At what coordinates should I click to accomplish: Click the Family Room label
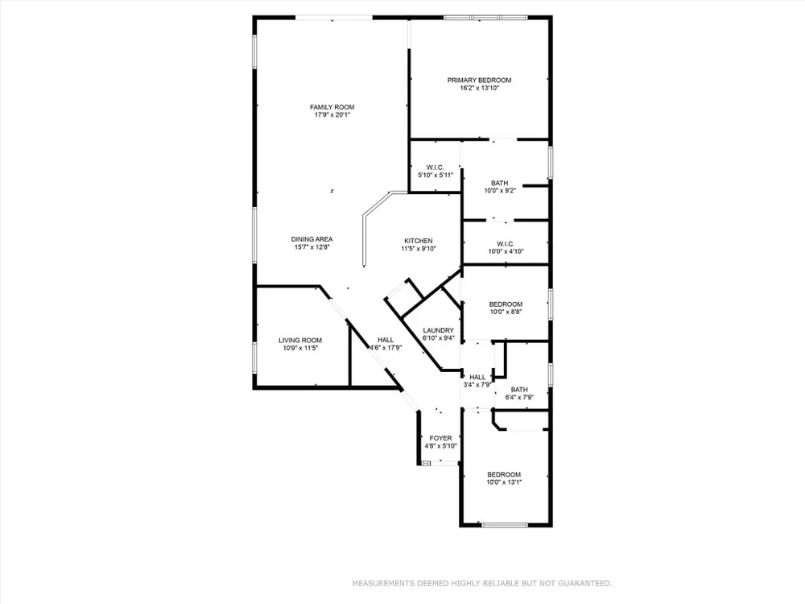(x=332, y=107)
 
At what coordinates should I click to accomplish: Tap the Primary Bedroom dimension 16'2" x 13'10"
(x=480, y=88)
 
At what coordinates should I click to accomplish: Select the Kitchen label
(x=419, y=240)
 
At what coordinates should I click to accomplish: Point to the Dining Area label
(x=312, y=239)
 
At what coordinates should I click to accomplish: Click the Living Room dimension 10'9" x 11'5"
(x=300, y=348)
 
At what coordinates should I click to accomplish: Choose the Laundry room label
(x=439, y=330)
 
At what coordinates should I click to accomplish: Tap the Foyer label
(x=440, y=438)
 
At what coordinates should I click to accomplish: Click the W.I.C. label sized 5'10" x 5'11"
(x=436, y=168)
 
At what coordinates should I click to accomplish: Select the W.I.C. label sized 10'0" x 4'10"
(x=506, y=243)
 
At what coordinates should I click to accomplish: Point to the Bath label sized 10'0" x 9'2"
(x=500, y=183)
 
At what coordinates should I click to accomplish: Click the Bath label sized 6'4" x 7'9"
(x=519, y=389)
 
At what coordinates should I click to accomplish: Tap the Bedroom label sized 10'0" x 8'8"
(x=506, y=304)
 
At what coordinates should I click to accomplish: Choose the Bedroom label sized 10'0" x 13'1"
(x=504, y=474)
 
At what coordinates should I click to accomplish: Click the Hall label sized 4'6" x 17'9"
(x=386, y=340)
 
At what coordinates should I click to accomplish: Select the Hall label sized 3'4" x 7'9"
(x=477, y=377)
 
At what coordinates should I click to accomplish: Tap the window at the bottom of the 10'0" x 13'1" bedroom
(x=505, y=525)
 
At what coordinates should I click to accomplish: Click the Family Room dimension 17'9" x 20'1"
(x=332, y=115)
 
